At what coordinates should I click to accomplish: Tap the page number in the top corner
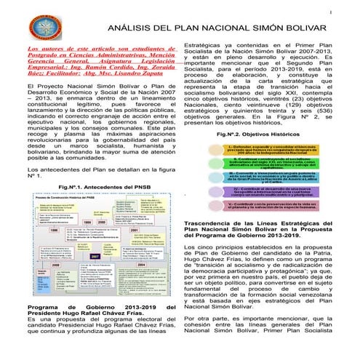351,9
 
